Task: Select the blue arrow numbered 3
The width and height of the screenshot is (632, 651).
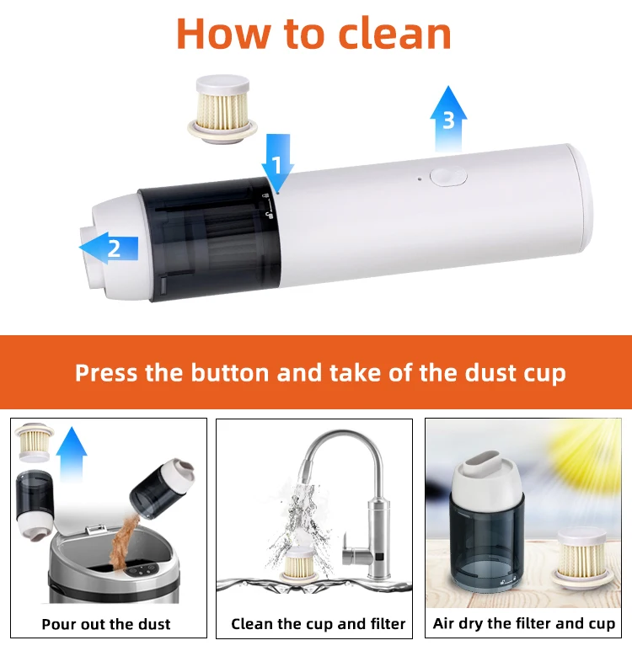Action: [447, 118]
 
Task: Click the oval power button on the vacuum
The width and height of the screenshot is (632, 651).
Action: [447, 176]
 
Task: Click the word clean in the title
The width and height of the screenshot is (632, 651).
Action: [394, 34]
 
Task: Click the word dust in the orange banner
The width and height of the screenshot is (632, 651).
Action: [469, 372]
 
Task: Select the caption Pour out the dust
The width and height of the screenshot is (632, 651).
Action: [106, 624]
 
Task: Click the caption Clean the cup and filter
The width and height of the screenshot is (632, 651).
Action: [319, 624]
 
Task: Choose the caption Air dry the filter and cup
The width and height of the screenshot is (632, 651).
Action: [523, 623]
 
